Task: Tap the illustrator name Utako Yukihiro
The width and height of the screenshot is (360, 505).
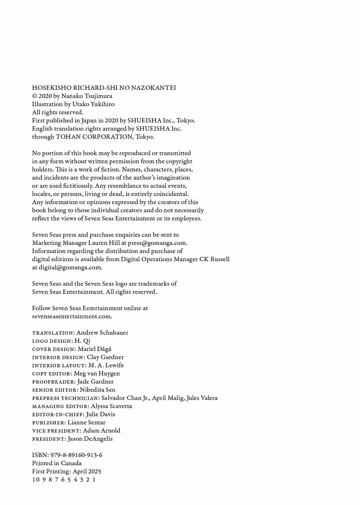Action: point(93,104)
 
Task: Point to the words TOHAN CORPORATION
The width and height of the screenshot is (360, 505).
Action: point(95,137)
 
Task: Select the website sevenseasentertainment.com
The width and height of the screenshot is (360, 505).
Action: point(72,316)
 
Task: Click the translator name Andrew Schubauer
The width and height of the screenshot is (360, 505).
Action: point(102,333)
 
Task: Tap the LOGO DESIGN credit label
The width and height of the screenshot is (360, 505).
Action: point(52,341)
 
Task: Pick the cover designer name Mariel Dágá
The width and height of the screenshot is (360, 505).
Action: point(94,349)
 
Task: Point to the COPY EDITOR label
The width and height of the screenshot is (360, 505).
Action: point(52,374)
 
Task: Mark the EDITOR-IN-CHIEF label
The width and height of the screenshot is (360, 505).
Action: point(58,414)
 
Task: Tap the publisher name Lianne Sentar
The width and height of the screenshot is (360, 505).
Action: point(86,423)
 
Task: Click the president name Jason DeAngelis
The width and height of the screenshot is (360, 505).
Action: point(90,439)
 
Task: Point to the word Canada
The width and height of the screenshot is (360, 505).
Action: point(71,463)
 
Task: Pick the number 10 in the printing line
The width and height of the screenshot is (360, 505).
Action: point(35,480)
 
